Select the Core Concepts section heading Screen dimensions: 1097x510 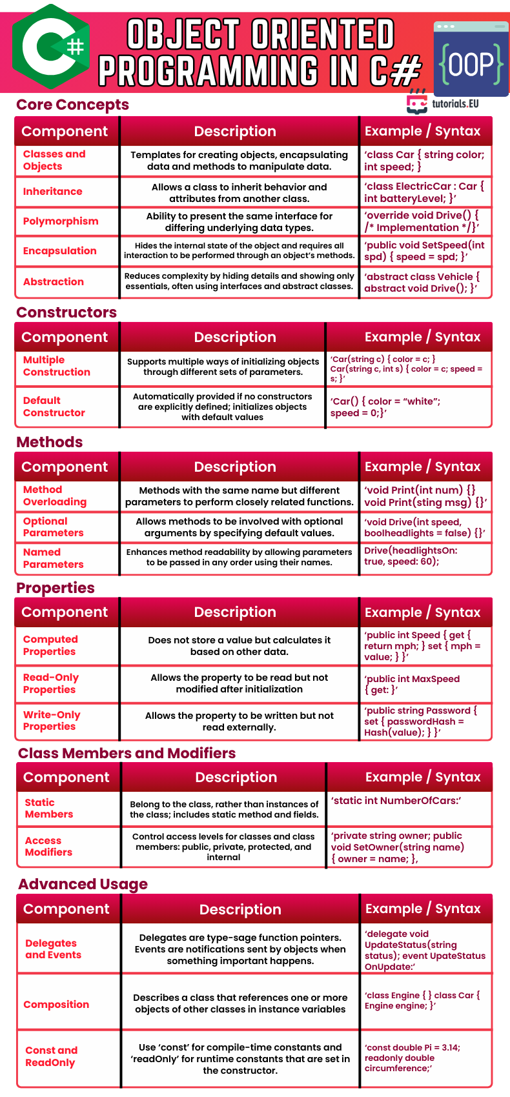72,105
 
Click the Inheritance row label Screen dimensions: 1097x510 53,192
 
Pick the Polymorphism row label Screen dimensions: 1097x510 61,221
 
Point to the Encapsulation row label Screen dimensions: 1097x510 60,251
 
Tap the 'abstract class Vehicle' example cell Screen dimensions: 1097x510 422,283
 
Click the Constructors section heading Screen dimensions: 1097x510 66,312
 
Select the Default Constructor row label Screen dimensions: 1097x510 54,407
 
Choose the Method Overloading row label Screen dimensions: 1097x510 55,496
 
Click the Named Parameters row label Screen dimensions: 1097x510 54,558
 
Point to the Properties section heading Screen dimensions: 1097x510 56,588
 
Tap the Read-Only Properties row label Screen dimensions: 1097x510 51,683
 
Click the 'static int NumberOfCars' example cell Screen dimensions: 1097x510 396,801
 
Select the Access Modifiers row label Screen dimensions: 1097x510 49,847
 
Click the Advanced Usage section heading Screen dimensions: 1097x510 83,884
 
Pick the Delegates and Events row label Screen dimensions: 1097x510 54,949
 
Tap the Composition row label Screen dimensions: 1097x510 56,1005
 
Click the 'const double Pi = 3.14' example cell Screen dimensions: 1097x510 413,1058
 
